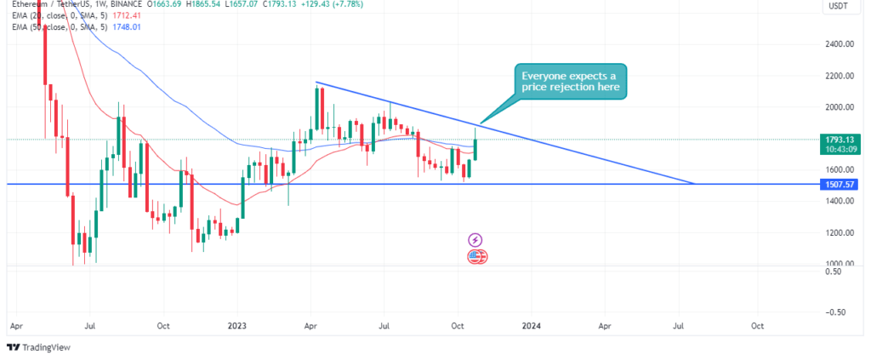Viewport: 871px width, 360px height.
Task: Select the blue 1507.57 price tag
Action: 837,184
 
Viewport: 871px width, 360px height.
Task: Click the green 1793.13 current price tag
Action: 837,138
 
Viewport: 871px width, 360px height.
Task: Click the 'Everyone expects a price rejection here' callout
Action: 569,81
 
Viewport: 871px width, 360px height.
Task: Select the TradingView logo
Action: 39,347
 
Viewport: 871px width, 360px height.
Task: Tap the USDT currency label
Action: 838,8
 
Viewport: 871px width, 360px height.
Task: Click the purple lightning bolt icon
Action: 476,241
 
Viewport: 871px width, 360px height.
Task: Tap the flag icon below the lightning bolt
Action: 476,257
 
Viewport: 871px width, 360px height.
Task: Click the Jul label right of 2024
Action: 680,325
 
